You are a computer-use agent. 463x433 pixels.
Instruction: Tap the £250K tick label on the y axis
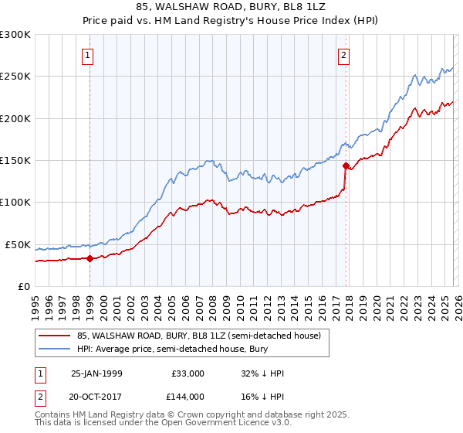point(15,77)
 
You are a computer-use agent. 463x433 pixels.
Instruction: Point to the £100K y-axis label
point(15,203)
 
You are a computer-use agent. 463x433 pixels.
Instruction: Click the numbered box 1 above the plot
point(89,55)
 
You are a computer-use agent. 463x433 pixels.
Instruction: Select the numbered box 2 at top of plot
point(343,55)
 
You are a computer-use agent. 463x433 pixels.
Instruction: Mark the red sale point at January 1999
point(90,258)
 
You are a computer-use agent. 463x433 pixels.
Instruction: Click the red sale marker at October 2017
point(346,165)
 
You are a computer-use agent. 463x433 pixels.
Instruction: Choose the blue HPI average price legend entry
point(181,349)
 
